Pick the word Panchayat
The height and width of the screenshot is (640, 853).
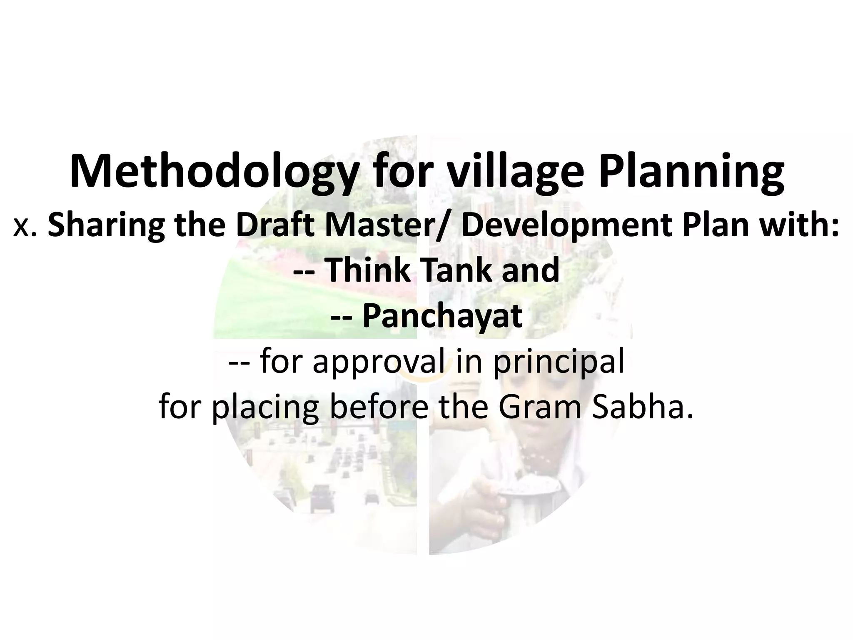pyautogui.click(x=442, y=316)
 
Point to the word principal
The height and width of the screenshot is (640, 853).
pyautogui.click(x=559, y=362)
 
